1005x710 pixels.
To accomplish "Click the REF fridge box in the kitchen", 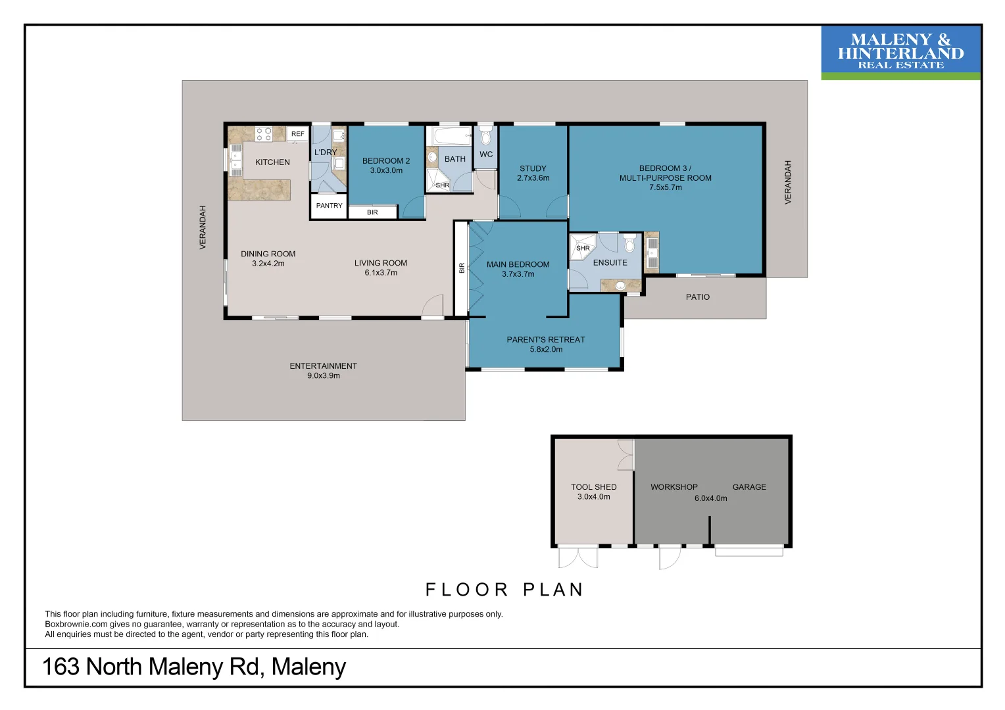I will pyautogui.click(x=297, y=134).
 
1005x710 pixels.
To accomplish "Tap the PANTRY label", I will pyautogui.click(x=329, y=206).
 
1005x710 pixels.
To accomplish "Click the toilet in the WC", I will pyautogui.click(x=486, y=137).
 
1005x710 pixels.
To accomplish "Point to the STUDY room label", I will pyautogui.click(x=533, y=168).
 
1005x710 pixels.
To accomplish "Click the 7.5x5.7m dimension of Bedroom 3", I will pyautogui.click(x=666, y=187).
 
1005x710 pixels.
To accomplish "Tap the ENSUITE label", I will pyautogui.click(x=610, y=262).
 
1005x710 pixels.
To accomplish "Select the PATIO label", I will pyautogui.click(x=698, y=297).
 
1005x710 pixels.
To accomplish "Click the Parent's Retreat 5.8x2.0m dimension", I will pyautogui.click(x=546, y=350).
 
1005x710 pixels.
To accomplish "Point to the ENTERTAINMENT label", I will pyautogui.click(x=323, y=366).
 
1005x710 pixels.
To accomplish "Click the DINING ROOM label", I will pyautogui.click(x=268, y=254).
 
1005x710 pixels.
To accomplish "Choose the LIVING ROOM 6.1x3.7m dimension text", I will pyautogui.click(x=381, y=273).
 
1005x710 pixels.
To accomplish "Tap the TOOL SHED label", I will pyautogui.click(x=593, y=487).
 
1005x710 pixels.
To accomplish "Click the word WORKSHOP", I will pyautogui.click(x=674, y=487).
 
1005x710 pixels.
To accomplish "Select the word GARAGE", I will pyautogui.click(x=749, y=487).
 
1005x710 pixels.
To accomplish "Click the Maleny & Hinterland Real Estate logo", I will pyautogui.click(x=900, y=52).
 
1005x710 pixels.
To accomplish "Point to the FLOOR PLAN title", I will pyautogui.click(x=504, y=590).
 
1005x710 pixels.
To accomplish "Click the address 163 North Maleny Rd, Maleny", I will pyautogui.click(x=194, y=667).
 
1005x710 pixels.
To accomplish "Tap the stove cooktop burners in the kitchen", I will pyautogui.click(x=264, y=134).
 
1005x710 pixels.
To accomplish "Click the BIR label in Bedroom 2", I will pyautogui.click(x=372, y=212).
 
